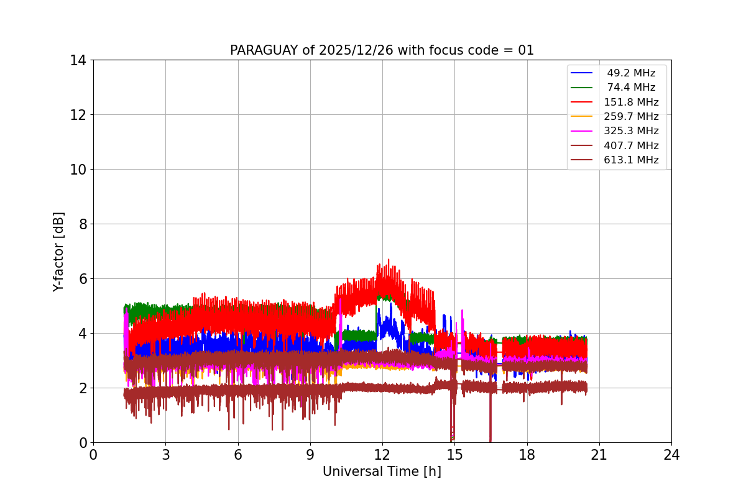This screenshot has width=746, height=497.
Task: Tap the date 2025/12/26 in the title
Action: point(353,50)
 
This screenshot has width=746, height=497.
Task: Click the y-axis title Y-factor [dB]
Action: point(58,252)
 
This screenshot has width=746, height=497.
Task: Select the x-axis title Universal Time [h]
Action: point(382,472)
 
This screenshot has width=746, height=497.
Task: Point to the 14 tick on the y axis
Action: point(78,60)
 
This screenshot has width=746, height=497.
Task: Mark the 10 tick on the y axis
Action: point(78,170)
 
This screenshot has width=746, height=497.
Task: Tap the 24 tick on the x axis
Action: point(671,455)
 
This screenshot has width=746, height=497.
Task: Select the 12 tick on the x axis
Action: point(382,455)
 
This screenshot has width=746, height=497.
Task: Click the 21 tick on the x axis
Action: point(599,455)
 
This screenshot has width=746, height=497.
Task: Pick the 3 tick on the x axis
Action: point(165,455)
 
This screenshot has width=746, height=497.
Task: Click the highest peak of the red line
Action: point(389,260)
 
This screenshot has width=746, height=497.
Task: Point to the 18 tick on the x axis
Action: point(527,455)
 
